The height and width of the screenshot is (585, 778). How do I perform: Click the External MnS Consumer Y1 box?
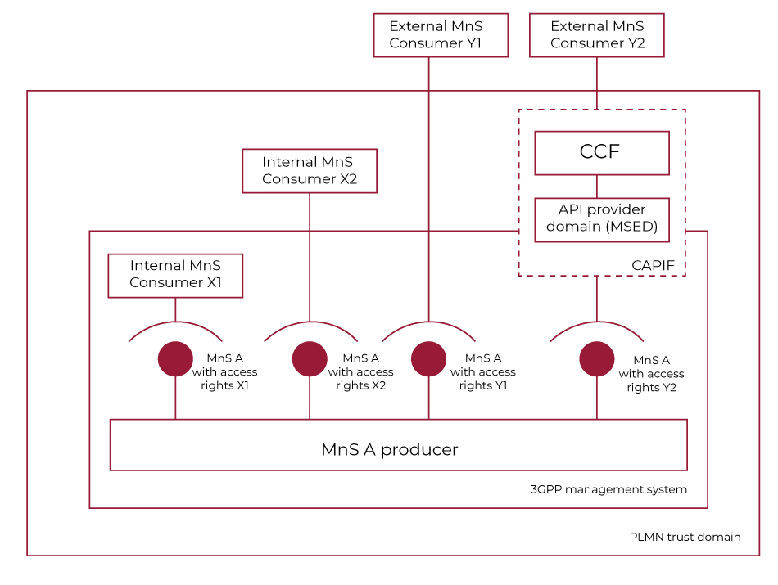[441, 35]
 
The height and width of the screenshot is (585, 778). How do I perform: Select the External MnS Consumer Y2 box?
[597, 35]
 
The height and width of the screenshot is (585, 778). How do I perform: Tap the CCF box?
[602, 153]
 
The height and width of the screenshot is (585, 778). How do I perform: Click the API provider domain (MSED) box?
[602, 219]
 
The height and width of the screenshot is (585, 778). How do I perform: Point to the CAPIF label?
[653, 265]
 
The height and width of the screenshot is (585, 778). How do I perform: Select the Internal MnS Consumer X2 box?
[310, 171]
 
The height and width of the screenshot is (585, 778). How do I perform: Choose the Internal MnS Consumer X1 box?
[175, 275]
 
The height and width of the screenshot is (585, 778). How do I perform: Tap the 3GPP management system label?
[608, 489]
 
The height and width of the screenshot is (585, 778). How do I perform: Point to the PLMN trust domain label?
[685, 537]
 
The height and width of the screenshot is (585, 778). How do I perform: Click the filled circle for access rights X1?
[175, 359]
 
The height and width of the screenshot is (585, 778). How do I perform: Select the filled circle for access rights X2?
[310, 359]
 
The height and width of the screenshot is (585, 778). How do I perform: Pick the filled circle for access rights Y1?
[428, 359]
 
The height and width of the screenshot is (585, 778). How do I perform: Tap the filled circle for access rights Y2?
[597, 359]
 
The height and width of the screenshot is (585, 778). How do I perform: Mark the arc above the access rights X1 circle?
[175, 322]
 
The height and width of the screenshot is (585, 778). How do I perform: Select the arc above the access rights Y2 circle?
[597, 322]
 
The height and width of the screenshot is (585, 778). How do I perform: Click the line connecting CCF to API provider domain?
[602, 187]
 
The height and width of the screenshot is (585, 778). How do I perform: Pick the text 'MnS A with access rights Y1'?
[482, 371]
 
